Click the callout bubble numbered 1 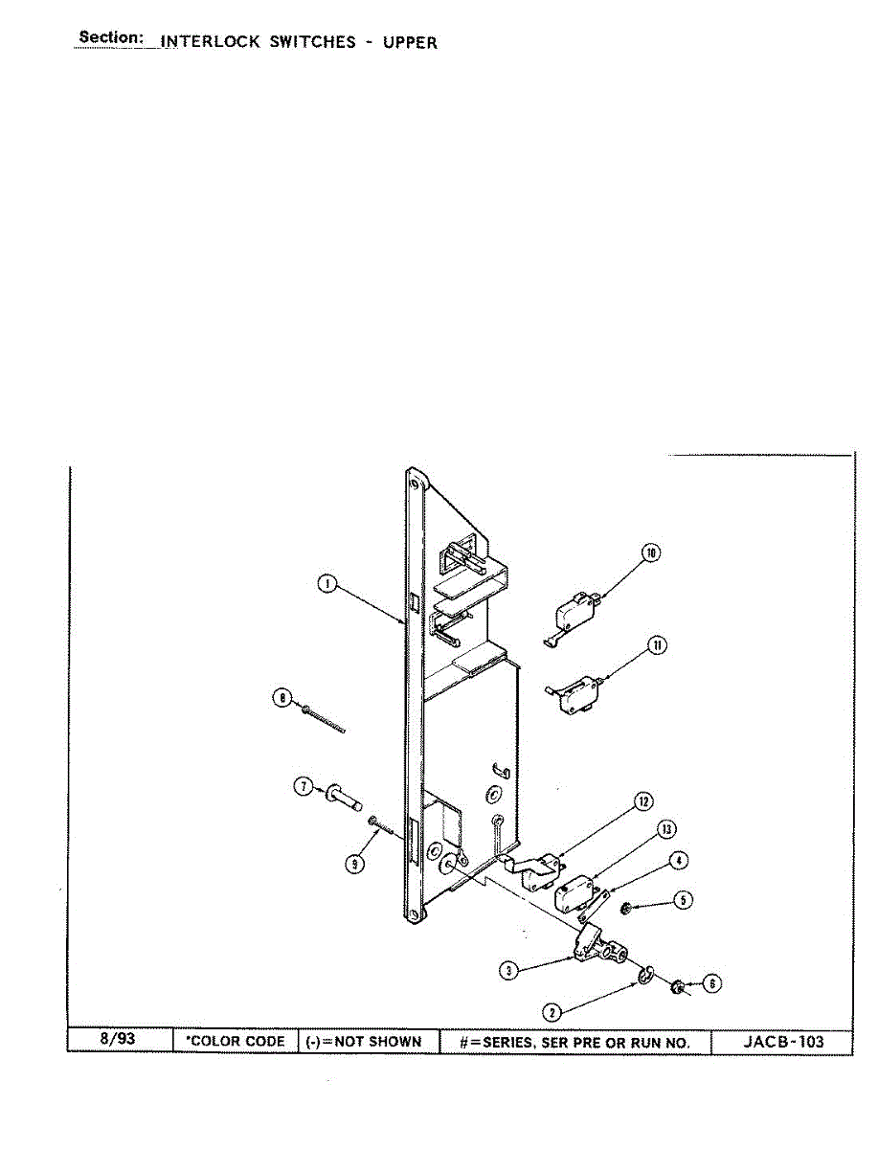(x=327, y=584)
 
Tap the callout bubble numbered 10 (x=650, y=552)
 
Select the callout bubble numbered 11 (x=657, y=645)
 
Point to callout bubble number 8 (x=282, y=698)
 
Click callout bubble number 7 (x=304, y=786)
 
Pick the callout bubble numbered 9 (x=355, y=864)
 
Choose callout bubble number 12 (x=643, y=801)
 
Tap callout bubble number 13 (x=666, y=829)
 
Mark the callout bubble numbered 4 (x=679, y=860)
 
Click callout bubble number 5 (x=683, y=900)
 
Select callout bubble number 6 (x=711, y=983)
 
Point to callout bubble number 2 (x=552, y=1013)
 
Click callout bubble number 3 (x=508, y=971)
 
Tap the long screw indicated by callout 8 (x=324, y=720)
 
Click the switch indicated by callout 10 (x=572, y=619)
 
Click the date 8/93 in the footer (x=118, y=1039)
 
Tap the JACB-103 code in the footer (x=783, y=1041)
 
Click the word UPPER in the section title (x=410, y=42)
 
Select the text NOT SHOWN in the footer (x=378, y=1042)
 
